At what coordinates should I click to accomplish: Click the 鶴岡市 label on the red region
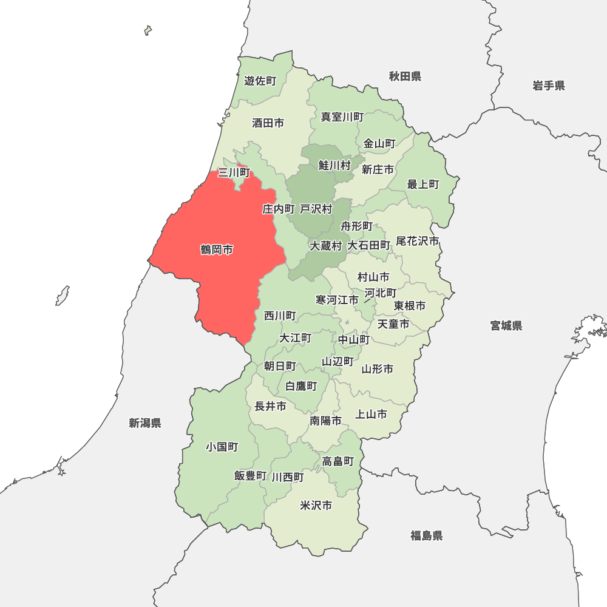[x=217, y=249]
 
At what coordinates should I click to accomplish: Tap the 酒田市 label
[x=268, y=123]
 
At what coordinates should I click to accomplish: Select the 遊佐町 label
[x=260, y=81]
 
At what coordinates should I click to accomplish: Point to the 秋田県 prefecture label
[x=405, y=76]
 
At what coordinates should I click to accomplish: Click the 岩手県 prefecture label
[x=549, y=86]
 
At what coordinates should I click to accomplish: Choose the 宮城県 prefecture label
[x=506, y=326]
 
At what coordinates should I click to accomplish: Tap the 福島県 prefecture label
[x=426, y=535]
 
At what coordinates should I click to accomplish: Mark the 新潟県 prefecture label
[x=145, y=423]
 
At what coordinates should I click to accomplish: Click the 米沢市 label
[x=316, y=505]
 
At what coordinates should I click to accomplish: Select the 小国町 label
[x=222, y=447]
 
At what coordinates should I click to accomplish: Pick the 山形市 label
[x=378, y=368]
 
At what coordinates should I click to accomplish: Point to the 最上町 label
[x=423, y=184]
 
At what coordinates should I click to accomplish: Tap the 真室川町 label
[x=342, y=117]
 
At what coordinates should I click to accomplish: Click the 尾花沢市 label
[x=418, y=241]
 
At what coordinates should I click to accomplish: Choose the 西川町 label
[x=280, y=316]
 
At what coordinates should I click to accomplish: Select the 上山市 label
[x=371, y=414]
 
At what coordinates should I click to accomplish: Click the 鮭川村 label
[x=334, y=165]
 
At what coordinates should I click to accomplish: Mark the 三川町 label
[x=234, y=172]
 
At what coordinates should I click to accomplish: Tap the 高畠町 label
[x=338, y=461]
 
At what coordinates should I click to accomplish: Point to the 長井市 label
[x=270, y=406]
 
